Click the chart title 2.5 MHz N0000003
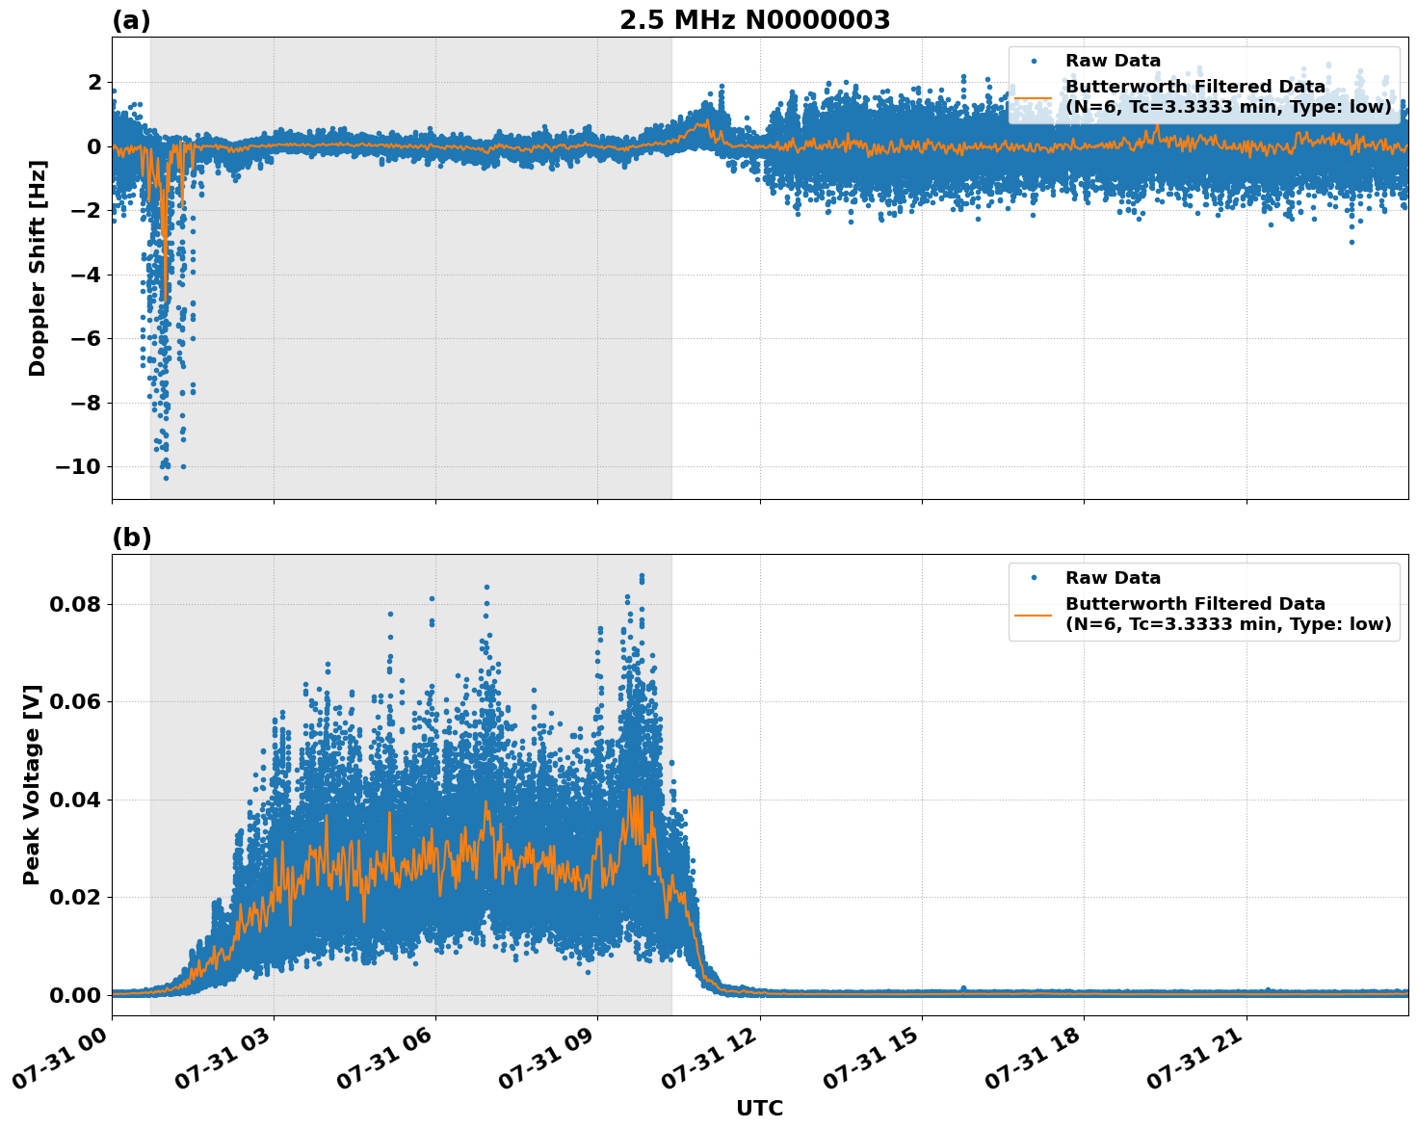click(754, 20)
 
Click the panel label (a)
click(131, 20)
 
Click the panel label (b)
click(131, 538)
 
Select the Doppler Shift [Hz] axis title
click(38, 268)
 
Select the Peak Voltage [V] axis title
click(33, 784)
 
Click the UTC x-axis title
click(759, 1108)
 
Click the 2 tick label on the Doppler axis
click(94, 83)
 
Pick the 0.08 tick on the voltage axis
click(75, 605)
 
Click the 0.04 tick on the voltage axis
click(75, 800)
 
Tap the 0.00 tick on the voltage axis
click(75, 995)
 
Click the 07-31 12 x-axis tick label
click(714, 1064)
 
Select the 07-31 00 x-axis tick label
click(66, 1064)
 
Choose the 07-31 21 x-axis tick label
click(1200, 1064)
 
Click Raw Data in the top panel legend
click(1113, 61)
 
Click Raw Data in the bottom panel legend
click(1113, 578)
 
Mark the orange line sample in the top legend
click(1033, 97)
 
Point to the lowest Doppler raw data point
click(166, 478)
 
